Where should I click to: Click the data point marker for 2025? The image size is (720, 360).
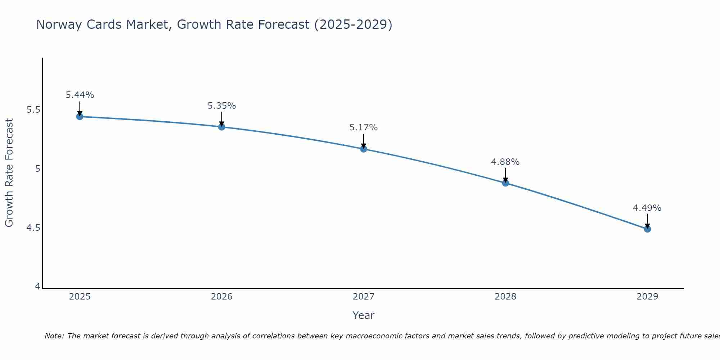(80, 117)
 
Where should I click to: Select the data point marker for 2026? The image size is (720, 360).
(221, 127)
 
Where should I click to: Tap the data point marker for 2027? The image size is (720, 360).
(363, 149)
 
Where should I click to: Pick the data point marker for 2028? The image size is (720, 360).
(505, 183)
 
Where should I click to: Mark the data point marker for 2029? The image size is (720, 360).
(647, 229)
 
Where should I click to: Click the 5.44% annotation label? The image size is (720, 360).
(80, 95)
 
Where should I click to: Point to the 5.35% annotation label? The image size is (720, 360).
(221, 106)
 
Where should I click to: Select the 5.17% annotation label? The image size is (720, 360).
(363, 127)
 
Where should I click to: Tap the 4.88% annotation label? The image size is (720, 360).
(505, 162)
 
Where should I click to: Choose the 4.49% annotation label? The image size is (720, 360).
(647, 208)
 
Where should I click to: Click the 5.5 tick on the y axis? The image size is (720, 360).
(33, 110)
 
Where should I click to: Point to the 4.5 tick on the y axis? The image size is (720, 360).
(33, 228)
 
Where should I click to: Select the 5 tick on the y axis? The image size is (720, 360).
(37, 169)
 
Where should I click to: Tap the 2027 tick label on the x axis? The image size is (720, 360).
(363, 297)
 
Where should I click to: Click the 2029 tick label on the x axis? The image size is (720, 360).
(647, 297)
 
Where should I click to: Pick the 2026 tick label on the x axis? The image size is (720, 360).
(221, 297)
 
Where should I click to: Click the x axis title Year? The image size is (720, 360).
(363, 315)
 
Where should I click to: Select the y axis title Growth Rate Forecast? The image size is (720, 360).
(9, 173)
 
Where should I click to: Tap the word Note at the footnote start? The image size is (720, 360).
(54, 336)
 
